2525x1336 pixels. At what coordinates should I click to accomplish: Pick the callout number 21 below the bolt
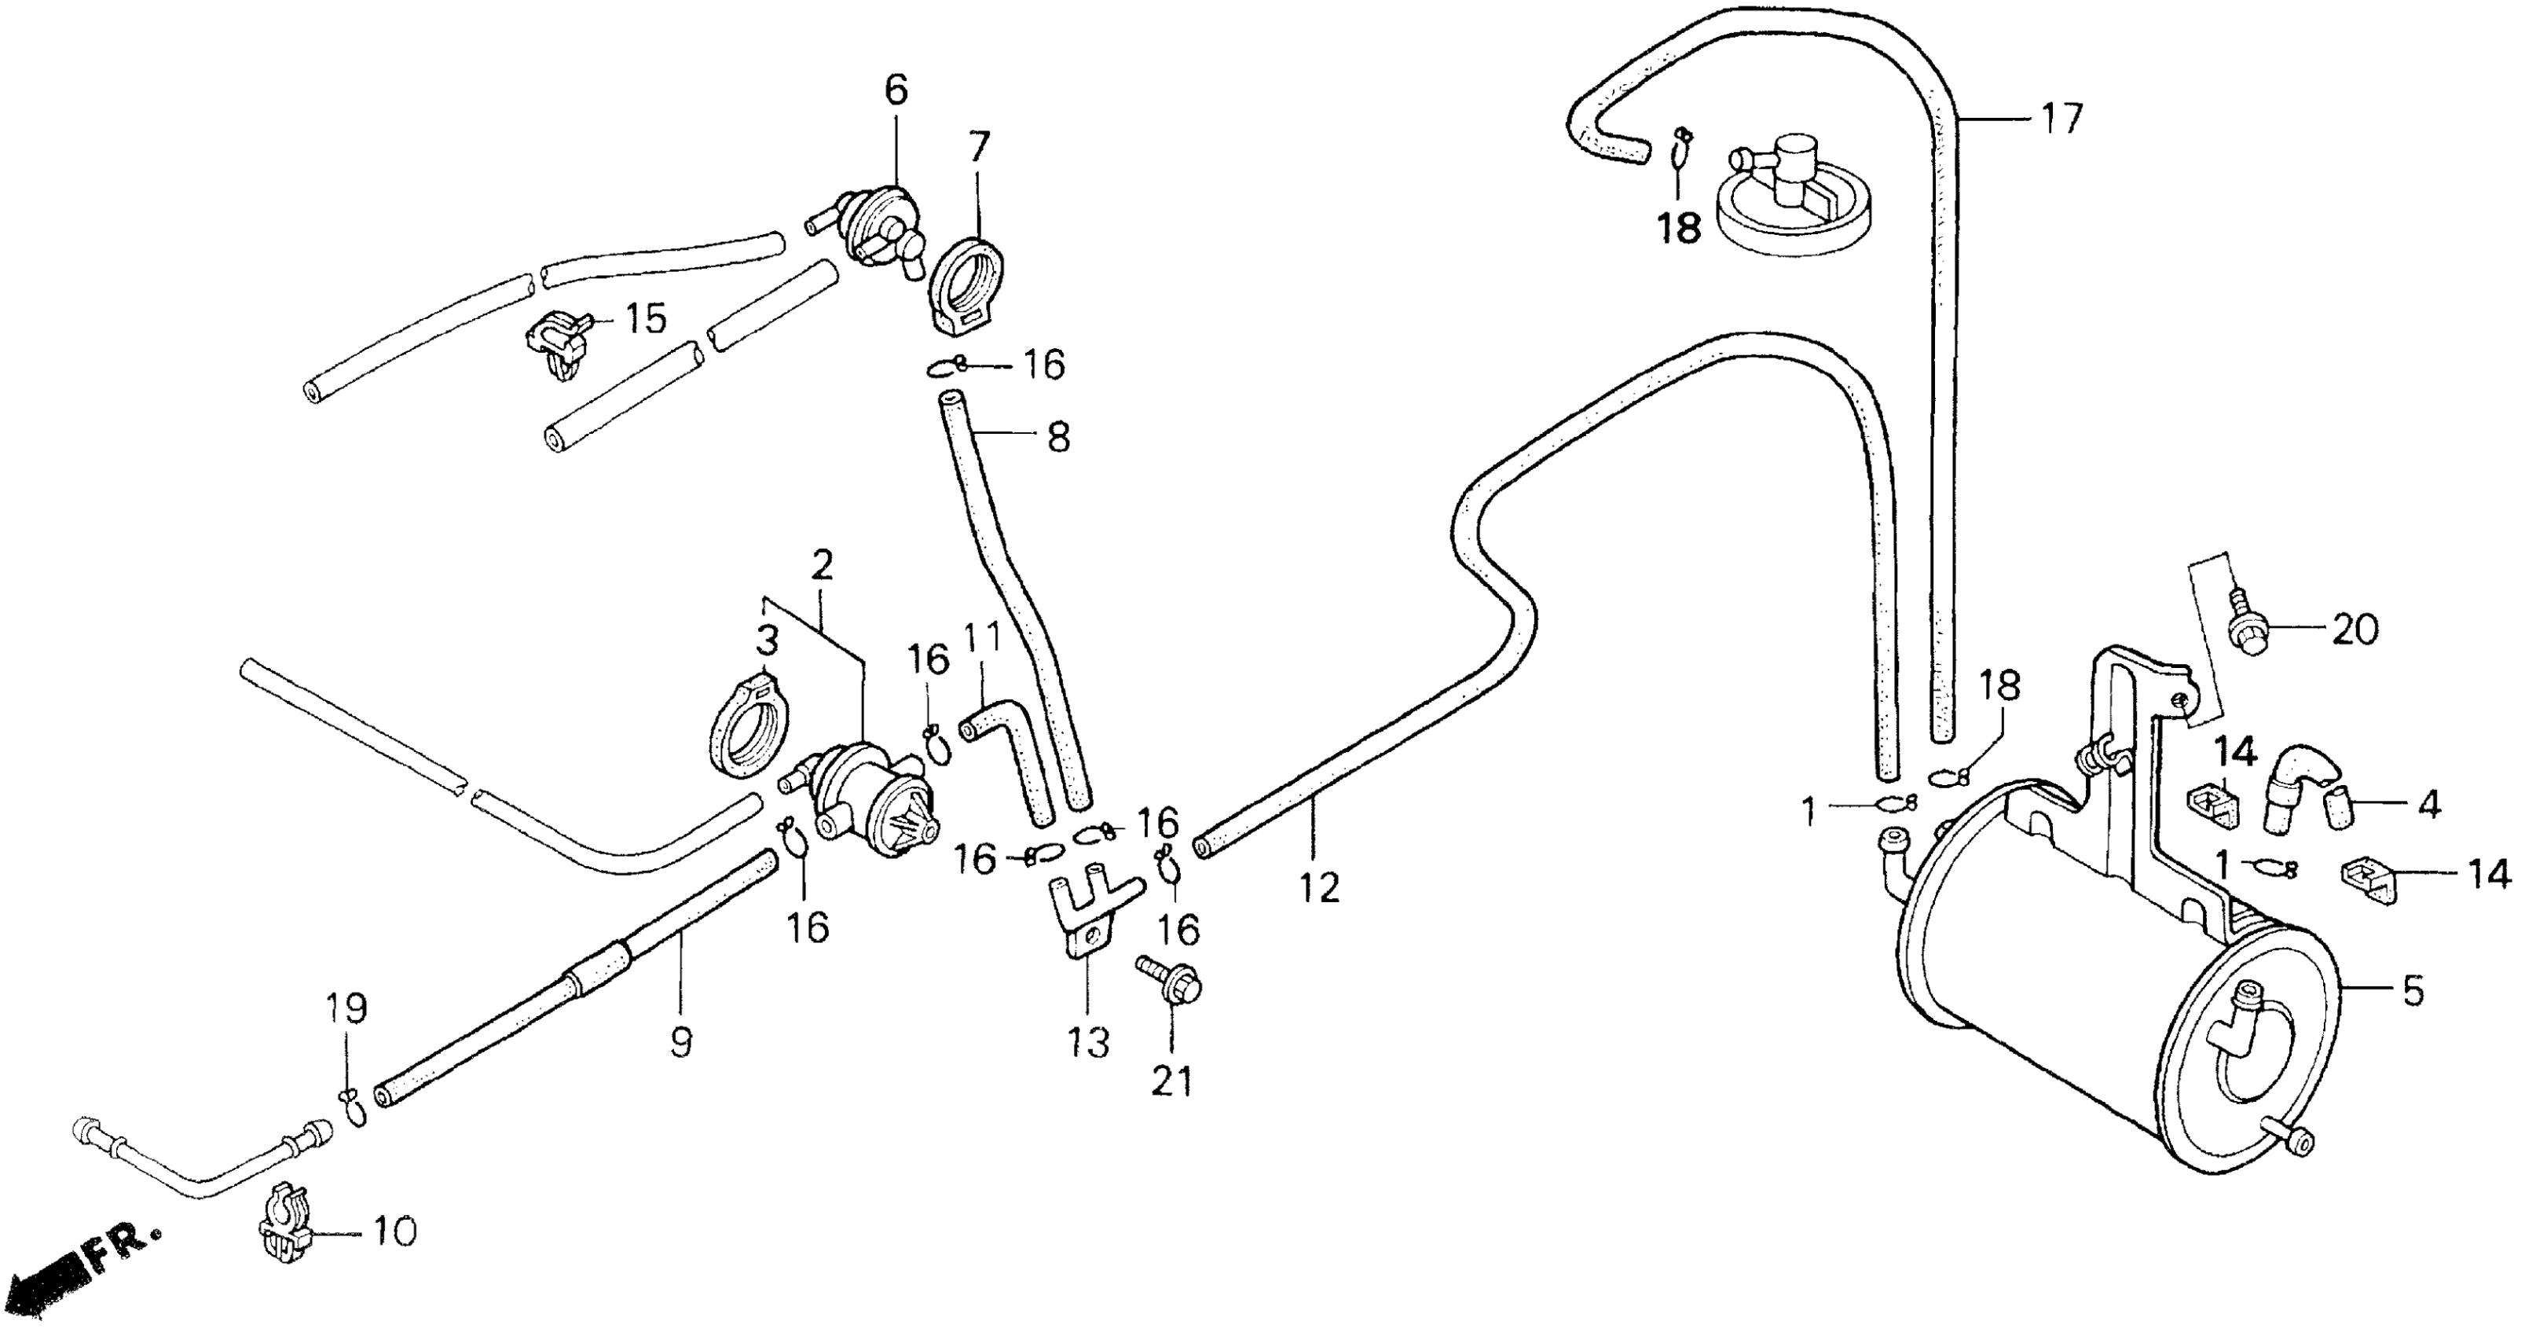click(1172, 1081)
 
